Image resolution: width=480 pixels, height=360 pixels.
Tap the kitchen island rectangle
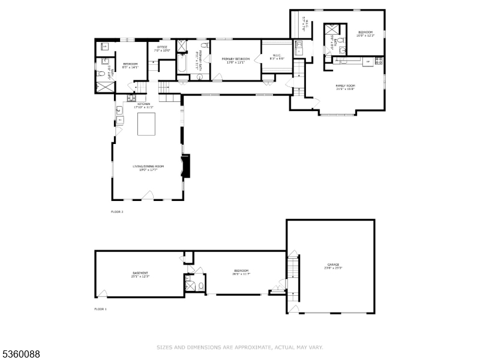pos(147,124)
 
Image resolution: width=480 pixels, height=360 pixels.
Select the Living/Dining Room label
pos(148,167)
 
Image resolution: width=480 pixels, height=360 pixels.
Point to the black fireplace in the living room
pos(187,167)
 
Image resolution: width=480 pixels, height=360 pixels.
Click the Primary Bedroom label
pos(235,60)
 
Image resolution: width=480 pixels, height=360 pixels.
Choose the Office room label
pos(162,48)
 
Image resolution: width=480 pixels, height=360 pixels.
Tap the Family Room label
pos(345,87)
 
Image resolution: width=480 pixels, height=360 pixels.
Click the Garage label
pos(333,265)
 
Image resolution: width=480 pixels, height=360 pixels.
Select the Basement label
pos(140,274)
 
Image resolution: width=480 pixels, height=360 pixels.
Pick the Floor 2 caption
pos(117,212)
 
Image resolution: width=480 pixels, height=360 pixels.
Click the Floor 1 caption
pos(100,309)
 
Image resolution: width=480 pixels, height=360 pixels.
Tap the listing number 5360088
pos(20,355)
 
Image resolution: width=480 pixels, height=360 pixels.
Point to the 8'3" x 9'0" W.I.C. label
pos(277,58)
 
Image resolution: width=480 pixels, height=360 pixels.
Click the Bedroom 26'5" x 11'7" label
pos(241,272)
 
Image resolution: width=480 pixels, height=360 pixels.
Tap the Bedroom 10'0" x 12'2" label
pos(365,34)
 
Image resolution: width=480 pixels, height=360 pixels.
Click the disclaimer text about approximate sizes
pos(240,347)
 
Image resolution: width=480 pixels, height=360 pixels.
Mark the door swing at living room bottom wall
pos(148,195)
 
